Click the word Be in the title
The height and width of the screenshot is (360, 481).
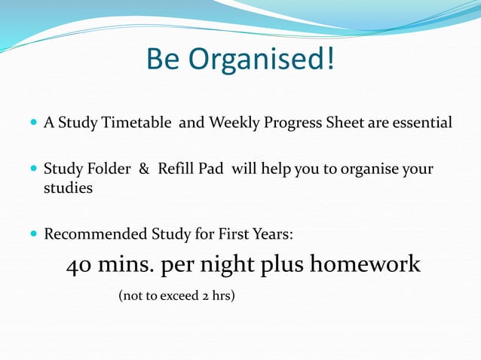[x=164, y=59]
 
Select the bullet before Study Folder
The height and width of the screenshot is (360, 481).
[x=35, y=169]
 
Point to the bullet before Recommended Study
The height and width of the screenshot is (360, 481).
[x=35, y=234]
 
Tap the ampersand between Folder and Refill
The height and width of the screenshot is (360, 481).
[x=144, y=169]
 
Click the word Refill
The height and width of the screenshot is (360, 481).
[x=174, y=169]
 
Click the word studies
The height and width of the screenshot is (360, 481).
[x=68, y=188]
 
